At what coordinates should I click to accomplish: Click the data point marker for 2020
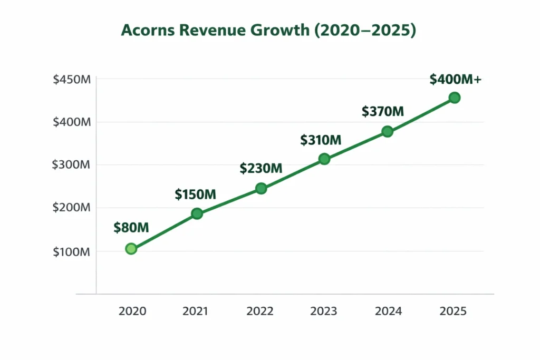(131, 249)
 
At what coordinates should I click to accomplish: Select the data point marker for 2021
(197, 213)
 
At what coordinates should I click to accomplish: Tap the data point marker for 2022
(261, 188)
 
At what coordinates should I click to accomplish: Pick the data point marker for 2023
(324, 159)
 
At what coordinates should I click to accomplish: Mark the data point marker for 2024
(387, 131)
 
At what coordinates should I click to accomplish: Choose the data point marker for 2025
(455, 98)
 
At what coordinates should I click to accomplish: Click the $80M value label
(131, 228)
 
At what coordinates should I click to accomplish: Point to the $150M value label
(195, 194)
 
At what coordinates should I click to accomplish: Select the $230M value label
(261, 168)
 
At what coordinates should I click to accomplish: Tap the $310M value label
(321, 140)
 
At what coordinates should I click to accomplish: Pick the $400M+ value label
(455, 79)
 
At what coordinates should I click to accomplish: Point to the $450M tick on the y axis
(72, 80)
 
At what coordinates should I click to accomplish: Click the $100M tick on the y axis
(72, 251)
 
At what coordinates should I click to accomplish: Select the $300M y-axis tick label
(72, 164)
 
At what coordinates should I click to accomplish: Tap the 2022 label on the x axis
(260, 311)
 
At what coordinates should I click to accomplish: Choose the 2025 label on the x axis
(453, 311)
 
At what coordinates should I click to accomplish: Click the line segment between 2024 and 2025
(421, 114)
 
